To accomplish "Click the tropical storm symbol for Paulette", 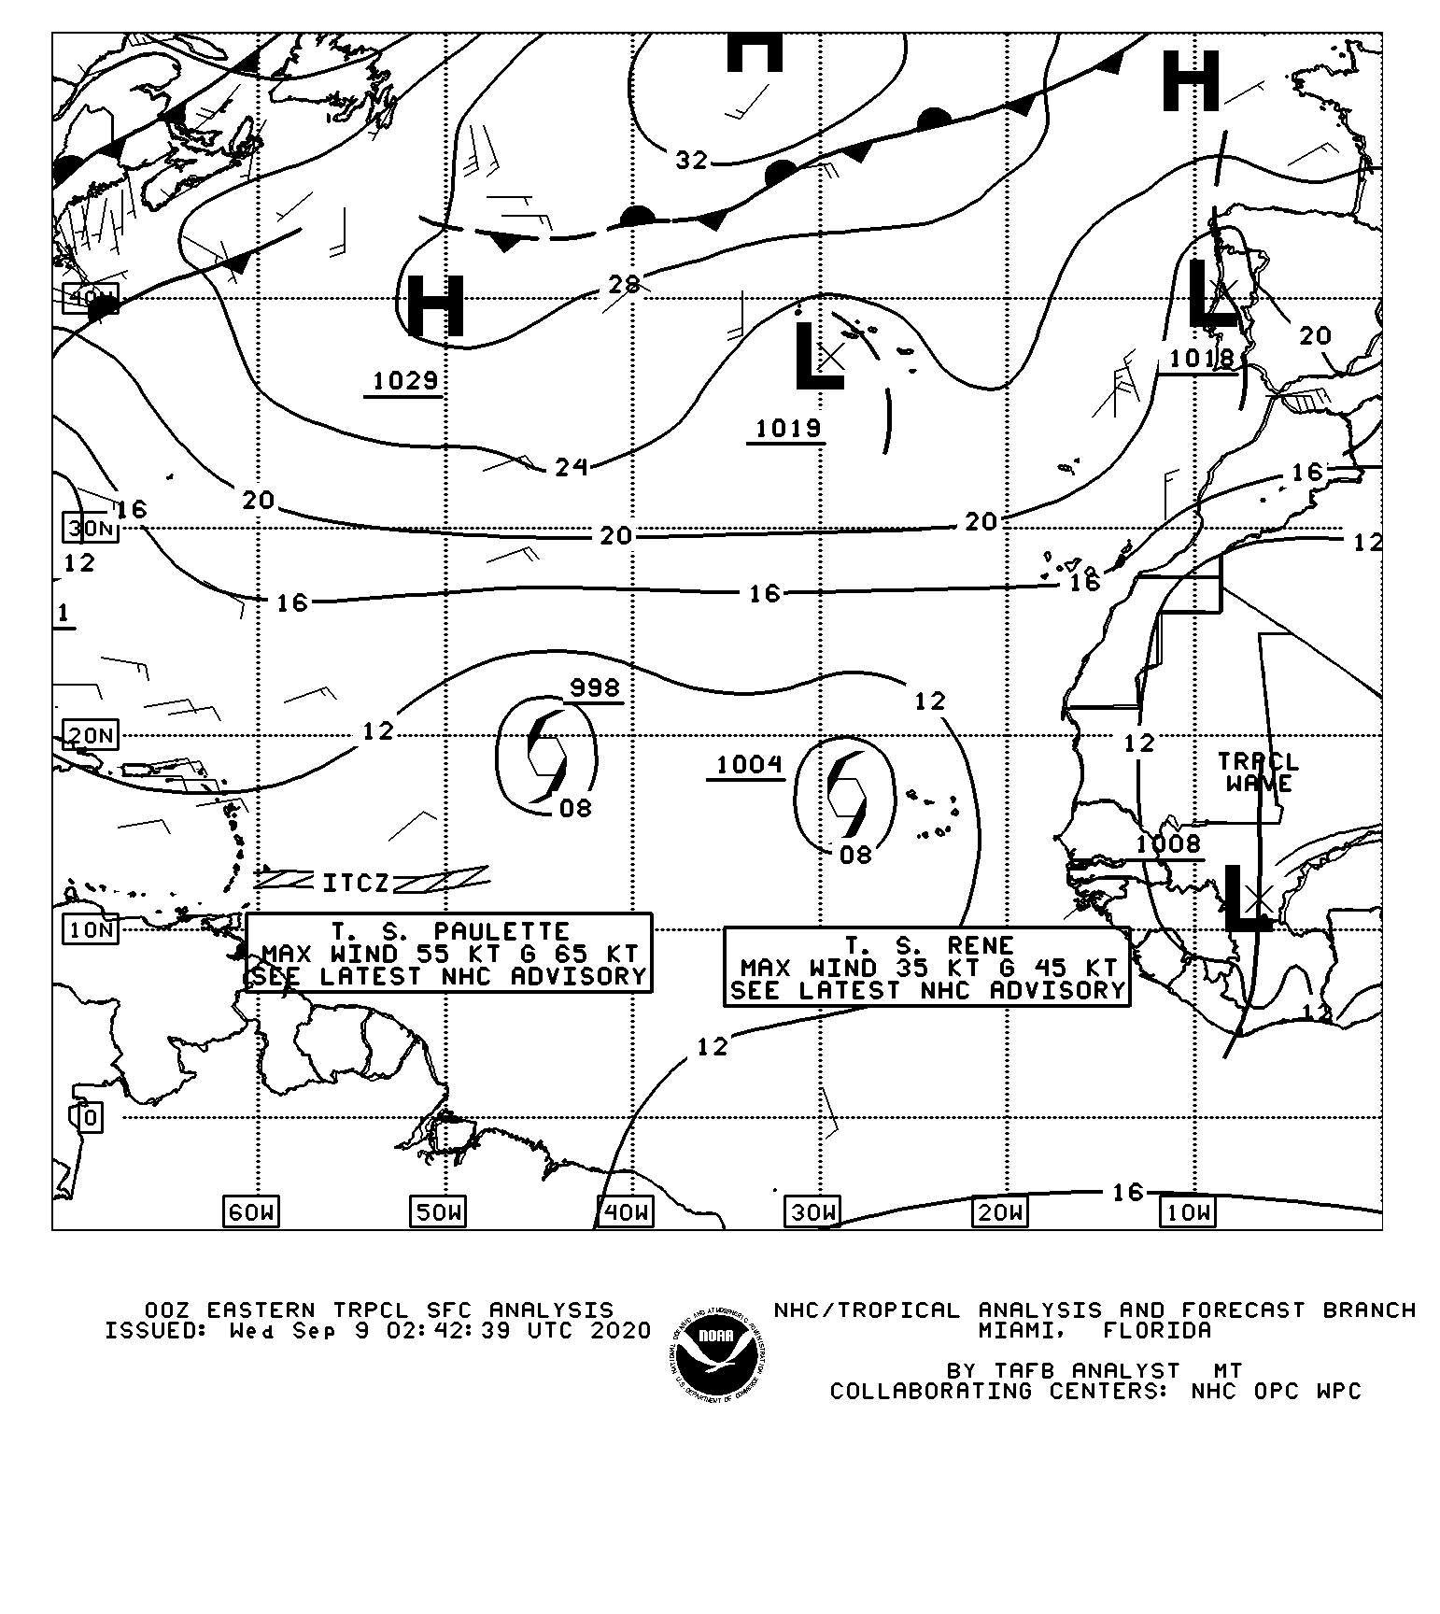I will click(546, 756).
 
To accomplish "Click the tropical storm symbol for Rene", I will click(846, 793).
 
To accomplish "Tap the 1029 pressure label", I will click(405, 381).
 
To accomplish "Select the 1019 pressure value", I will click(787, 428).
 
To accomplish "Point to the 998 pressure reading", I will click(595, 688).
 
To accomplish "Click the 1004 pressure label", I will click(749, 765).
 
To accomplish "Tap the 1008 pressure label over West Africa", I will click(1168, 844).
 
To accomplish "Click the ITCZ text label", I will click(356, 883).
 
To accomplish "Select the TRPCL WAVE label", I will click(1258, 772).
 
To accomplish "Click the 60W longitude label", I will click(251, 1212).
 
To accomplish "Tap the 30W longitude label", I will click(812, 1212).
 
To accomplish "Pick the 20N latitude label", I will click(91, 735).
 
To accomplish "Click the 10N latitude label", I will click(91, 929).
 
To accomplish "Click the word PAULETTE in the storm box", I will click(501, 932).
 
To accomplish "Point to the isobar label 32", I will click(691, 161).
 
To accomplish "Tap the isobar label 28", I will click(624, 284).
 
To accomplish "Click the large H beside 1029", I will click(436, 306).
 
